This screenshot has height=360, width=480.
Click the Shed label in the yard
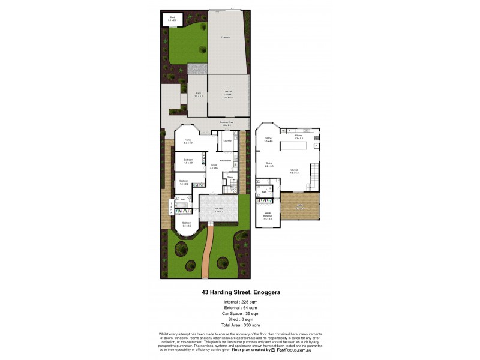[172, 19]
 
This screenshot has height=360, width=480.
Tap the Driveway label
[226, 37]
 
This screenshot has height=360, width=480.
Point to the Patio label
[198, 94]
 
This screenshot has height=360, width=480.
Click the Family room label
[188, 141]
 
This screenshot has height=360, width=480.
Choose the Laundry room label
[227, 140]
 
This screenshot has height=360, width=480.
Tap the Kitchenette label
[226, 160]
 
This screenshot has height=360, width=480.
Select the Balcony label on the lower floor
[218, 210]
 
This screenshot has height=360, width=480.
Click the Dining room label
[269, 164]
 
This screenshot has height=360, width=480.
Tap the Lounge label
[295, 172]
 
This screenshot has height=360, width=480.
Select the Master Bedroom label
[268, 215]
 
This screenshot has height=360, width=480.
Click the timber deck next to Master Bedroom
[300, 207]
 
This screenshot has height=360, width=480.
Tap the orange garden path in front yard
[207, 252]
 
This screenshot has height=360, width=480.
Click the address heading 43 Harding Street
[240, 292]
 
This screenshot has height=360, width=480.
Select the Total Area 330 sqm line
[240, 324]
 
